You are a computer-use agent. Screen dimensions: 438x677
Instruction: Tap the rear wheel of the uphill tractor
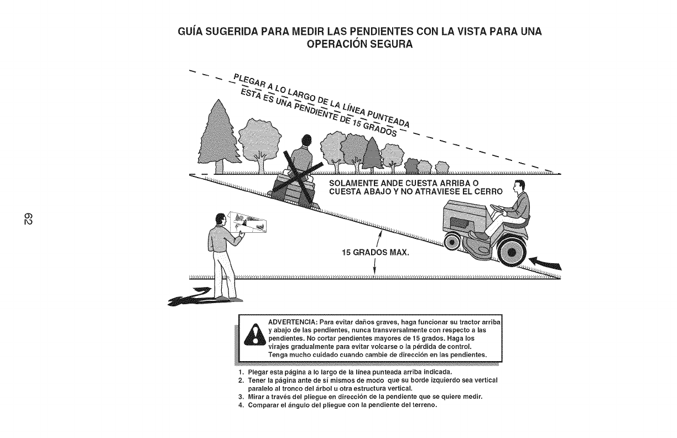(513, 253)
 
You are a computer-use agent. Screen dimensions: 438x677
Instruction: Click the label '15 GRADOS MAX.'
(376, 253)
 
